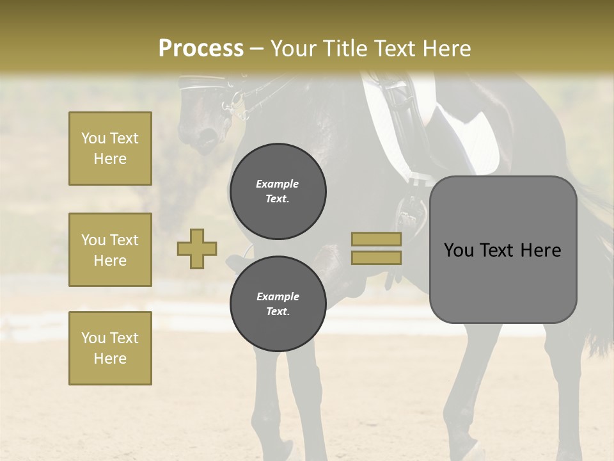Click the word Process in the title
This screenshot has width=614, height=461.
[201, 49]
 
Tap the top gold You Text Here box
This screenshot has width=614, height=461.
[110, 149]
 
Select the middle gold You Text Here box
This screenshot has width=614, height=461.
[110, 250]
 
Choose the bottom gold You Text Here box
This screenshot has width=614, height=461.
[110, 348]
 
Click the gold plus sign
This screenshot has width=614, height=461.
[197, 249]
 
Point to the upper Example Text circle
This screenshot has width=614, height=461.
[278, 191]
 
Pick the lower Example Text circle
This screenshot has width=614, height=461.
[278, 304]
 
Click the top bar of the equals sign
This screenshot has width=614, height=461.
[376, 239]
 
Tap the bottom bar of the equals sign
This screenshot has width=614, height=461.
[376, 257]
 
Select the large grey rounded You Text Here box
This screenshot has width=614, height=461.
[503, 250]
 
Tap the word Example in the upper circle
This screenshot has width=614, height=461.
[278, 184]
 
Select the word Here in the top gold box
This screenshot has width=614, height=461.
[110, 159]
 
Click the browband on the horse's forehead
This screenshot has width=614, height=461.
[201, 81]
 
